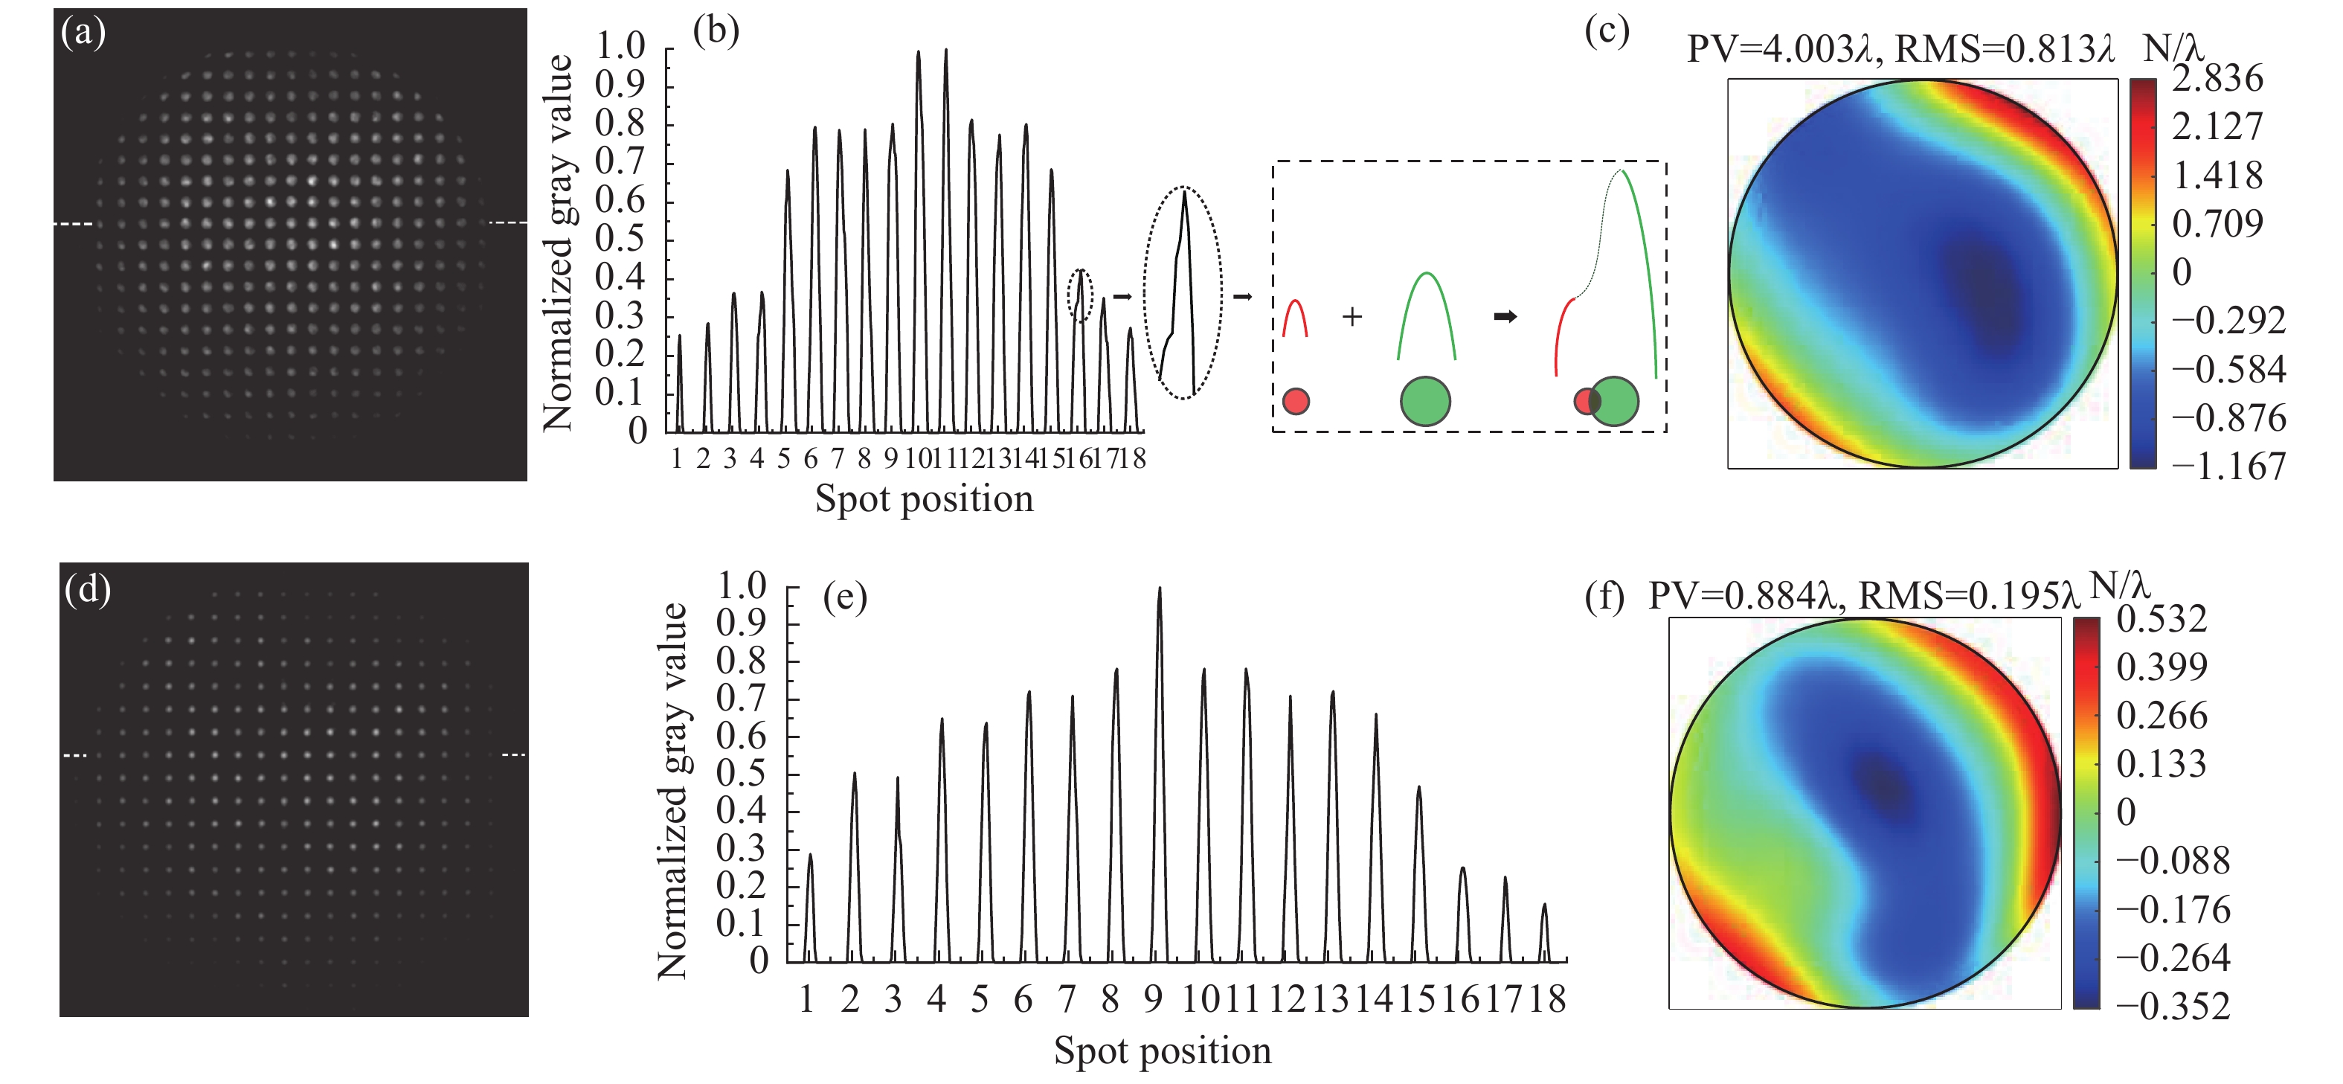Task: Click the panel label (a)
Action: [x=83, y=33]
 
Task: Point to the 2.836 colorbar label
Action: [x=2217, y=79]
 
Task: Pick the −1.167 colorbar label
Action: [x=2228, y=466]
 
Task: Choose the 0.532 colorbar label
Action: [x=2161, y=619]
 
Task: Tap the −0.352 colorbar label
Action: [x=2172, y=1007]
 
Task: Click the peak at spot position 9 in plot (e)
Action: [x=1159, y=588]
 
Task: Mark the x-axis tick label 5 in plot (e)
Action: [x=980, y=999]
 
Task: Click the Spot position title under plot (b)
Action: [x=924, y=499]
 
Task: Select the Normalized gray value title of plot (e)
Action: [x=672, y=791]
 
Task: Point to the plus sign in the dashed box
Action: [x=1352, y=316]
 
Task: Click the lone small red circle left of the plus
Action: [x=1295, y=401]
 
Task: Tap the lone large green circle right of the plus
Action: [x=1425, y=401]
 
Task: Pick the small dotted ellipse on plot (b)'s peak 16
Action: [x=1079, y=295]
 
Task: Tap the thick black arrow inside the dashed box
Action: [x=1505, y=316]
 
